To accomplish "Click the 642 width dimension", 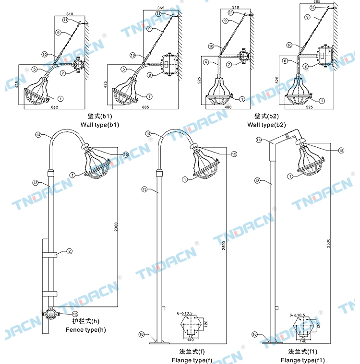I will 54,107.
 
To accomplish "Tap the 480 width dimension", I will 228,107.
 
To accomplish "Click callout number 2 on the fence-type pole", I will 70,251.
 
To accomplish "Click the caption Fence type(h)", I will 86,329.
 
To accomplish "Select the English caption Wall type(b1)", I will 99,125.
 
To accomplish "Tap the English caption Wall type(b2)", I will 266,125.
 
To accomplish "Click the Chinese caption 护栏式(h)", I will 86,321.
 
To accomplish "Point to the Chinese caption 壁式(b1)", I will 99,116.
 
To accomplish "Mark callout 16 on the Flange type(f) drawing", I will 141,334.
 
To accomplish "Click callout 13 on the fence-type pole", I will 35,183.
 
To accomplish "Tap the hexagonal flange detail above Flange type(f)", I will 191,326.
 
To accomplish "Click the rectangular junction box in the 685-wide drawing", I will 168,62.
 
